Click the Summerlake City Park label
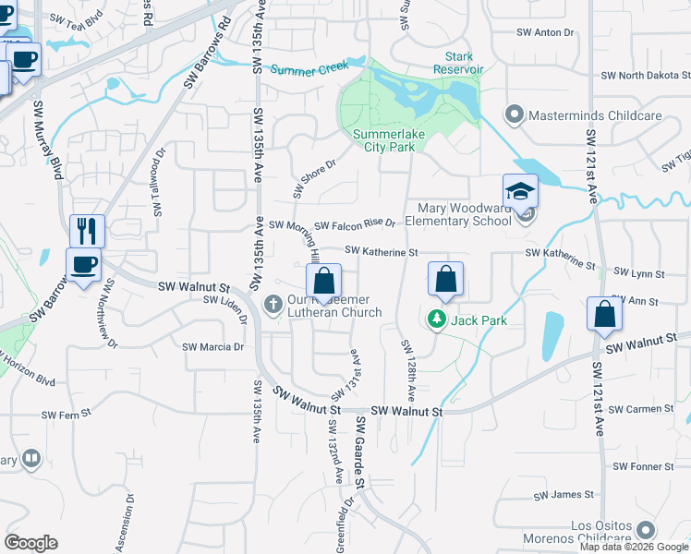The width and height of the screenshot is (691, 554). pyautogui.click(x=384, y=140)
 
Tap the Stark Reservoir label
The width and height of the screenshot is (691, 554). pyautogui.click(x=458, y=63)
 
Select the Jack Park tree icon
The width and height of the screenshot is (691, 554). pyautogui.click(x=435, y=319)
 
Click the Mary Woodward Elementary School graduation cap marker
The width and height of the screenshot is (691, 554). pyautogui.click(x=520, y=194)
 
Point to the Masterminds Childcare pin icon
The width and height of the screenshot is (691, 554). pyautogui.click(x=514, y=115)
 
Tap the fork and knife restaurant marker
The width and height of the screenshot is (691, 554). pyautogui.click(x=88, y=230)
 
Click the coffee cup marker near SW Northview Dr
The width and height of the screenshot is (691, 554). pyautogui.click(x=84, y=265)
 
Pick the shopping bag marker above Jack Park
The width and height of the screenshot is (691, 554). pyautogui.click(x=445, y=280)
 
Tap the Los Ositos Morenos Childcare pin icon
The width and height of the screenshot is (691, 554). pyautogui.click(x=646, y=530)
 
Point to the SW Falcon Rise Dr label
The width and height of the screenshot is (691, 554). pyautogui.click(x=355, y=224)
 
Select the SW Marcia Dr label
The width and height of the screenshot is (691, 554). pyautogui.click(x=212, y=347)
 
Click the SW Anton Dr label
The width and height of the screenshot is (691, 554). pyautogui.click(x=545, y=32)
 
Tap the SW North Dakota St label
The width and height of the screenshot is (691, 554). pyautogui.click(x=644, y=76)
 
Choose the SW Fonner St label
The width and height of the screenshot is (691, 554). pyautogui.click(x=644, y=466)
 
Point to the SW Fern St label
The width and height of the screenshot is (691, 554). pyautogui.click(x=66, y=415)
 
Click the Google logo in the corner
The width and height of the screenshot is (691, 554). pyautogui.click(x=31, y=543)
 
